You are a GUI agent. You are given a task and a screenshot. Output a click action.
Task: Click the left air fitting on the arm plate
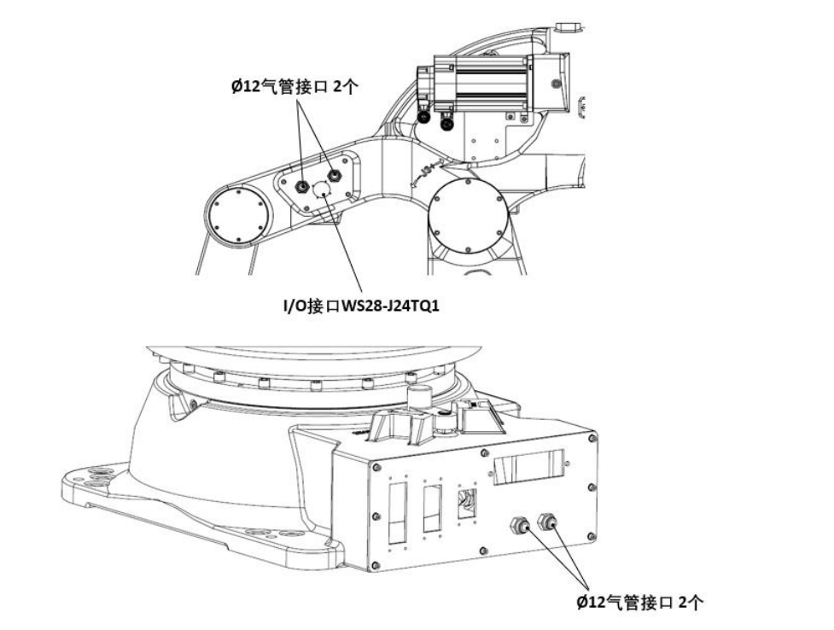tap(303, 185)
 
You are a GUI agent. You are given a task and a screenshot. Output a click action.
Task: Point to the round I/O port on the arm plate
tap(323, 190)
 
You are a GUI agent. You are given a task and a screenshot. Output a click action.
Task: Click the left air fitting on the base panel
tap(518, 524)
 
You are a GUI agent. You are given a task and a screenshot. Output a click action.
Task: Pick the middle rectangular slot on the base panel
tap(432, 508)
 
